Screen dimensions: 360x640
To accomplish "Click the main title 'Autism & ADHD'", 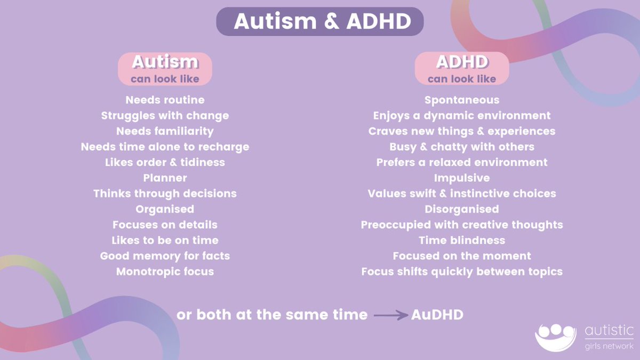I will tap(319, 21).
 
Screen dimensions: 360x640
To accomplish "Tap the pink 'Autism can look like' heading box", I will tap(165, 69).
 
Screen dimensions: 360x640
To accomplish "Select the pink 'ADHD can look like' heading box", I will tap(462, 69).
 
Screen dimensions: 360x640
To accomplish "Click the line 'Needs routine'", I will tap(165, 100).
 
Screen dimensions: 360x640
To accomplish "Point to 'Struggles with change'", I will tap(165, 115).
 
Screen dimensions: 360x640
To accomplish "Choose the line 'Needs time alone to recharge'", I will tap(165, 147).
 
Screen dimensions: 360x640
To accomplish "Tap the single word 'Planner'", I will tap(165, 178).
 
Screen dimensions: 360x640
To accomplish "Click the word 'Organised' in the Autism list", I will tap(165, 209).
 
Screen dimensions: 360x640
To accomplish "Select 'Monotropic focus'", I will tap(165, 271).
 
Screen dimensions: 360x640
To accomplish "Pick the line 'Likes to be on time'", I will tap(165, 240).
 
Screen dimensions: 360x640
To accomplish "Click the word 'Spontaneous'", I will tap(462, 100).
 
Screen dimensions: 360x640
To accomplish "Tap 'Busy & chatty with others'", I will tap(462, 147).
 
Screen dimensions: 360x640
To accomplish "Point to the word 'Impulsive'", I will tap(462, 178).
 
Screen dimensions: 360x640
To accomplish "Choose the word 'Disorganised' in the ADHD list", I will tap(462, 209).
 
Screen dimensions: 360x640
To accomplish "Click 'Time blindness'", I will tap(462, 240).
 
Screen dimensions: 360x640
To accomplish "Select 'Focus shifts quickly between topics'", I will tap(462, 271).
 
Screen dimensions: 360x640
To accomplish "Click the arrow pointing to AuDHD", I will tap(390, 315).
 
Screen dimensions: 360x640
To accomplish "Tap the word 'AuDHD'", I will tap(437, 315).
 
